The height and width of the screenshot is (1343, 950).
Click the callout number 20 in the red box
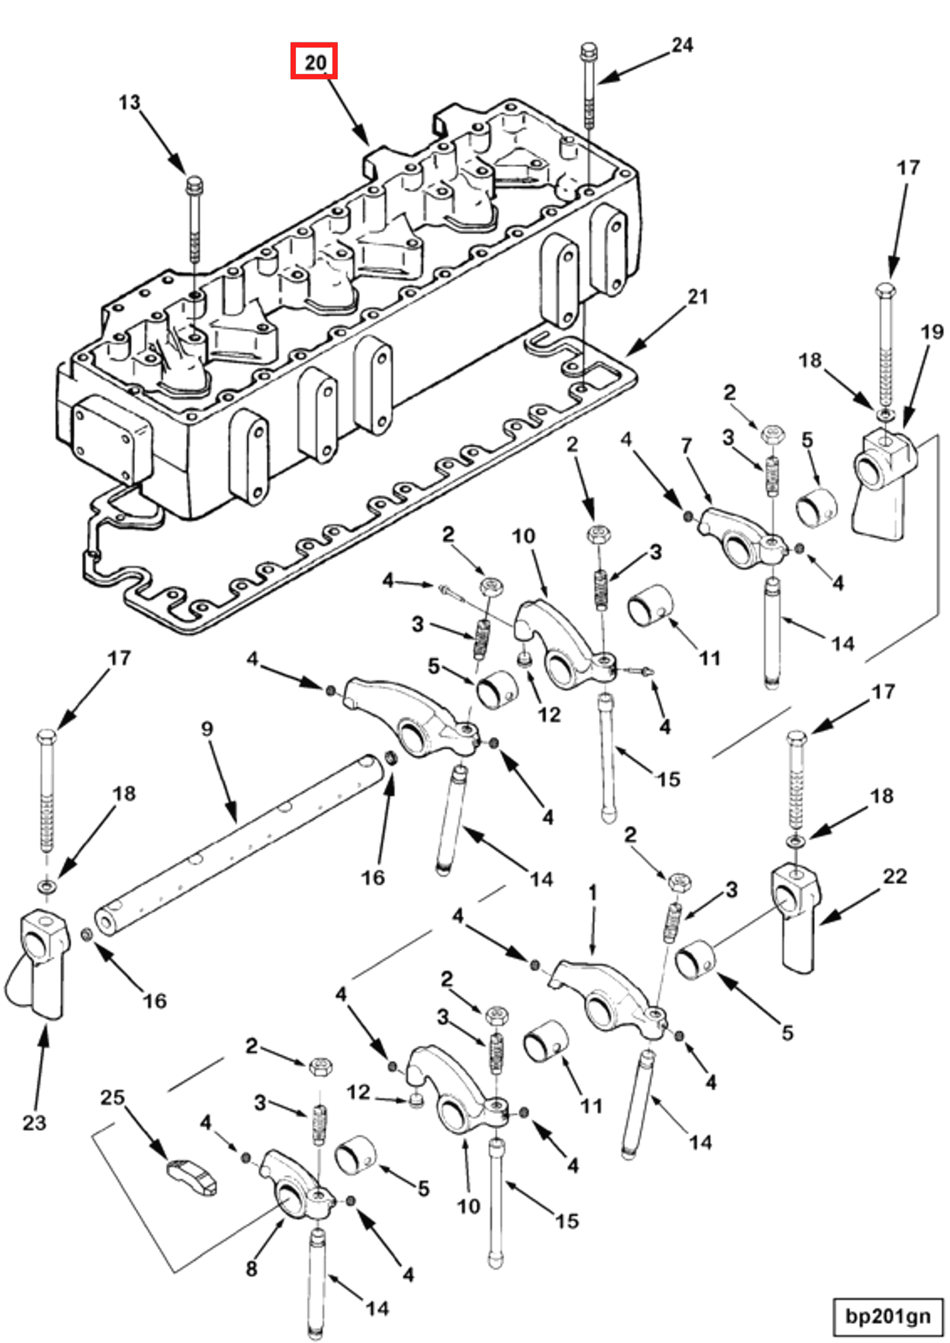pyautogui.click(x=315, y=61)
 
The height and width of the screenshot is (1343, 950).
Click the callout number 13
pyautogui.click(x=129, y=103)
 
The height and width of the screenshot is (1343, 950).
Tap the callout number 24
pyautogui.click(x=682, y=45)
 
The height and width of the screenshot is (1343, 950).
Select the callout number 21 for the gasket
pyautogui.click(x=697, y=296)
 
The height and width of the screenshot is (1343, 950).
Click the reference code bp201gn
pyautogui.click(x=887, y=1316)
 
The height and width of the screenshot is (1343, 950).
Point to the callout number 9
pyautogui.click(x=207, y=729)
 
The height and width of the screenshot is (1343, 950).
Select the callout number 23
pyautogui.click(x=34, y=1122)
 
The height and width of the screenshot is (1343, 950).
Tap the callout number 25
pyautogui.click(x=113, y=1097)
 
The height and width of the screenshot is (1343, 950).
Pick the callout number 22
pyautogui.click(x=895, y=877)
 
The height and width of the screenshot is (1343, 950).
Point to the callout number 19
pyautogui.click(x=932, y=332)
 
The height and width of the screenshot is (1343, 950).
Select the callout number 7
pyautogui.click(x=686, y=446)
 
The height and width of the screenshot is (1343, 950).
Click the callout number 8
pyautogui.click(x=251, y=1268)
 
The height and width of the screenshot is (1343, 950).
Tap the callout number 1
pyautogui.click(x=593, y=892)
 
